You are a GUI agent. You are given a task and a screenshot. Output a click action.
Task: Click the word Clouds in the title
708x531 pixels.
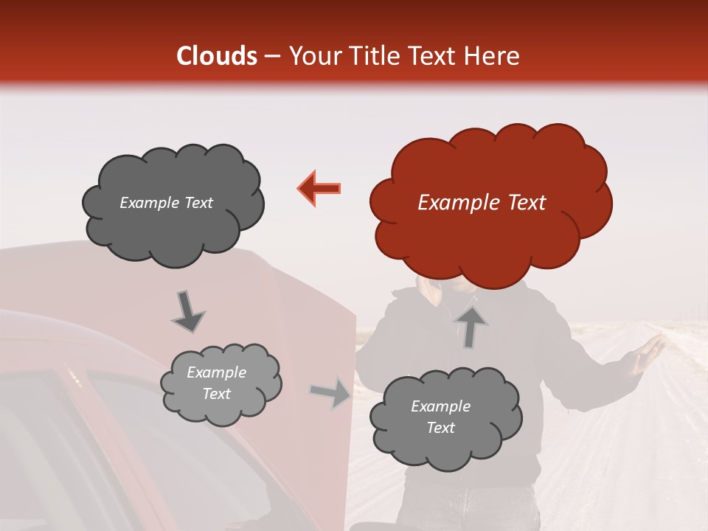[217, 56]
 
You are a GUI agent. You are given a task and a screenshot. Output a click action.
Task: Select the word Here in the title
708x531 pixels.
[493, 56]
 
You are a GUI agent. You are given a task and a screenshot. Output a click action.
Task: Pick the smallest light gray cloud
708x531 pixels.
[220, 383]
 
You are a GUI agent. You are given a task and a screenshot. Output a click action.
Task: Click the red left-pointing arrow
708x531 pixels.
[319, 188]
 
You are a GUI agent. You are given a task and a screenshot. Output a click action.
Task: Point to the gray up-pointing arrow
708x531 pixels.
[470, 326]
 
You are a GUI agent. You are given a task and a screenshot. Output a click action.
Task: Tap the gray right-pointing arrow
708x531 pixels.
[330, 392]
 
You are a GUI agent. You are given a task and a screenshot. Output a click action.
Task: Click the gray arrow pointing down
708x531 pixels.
[187, 312]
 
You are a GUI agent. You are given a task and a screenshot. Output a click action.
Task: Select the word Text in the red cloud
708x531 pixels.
[527, 203]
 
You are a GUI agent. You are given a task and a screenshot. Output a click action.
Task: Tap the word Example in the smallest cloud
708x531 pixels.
[216, 372]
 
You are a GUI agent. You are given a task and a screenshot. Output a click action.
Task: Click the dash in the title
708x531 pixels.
[271, 57]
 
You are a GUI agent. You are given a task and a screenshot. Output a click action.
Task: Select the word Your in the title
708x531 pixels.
[313, 56]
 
